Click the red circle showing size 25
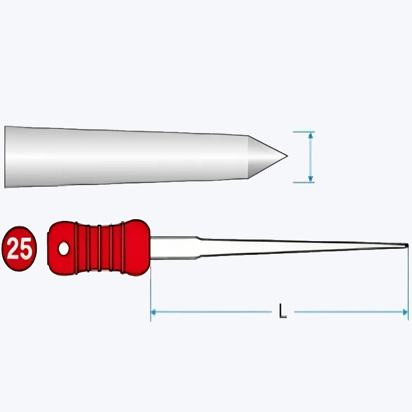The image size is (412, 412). click(x=20, y=249)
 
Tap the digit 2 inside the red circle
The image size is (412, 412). click(x=14, y=249)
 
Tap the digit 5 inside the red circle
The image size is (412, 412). click(x=26, y=249)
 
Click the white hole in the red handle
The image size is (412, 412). click(x=64, y=249)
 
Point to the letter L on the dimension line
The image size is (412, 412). click(x=282, y=311)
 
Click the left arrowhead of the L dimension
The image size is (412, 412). click(x=154, y=311)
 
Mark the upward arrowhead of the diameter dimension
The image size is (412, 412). click(x=311, y=136)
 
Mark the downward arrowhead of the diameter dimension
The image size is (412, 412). click(x=311, y=177)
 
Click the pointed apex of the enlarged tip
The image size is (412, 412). click(x=286, y=156)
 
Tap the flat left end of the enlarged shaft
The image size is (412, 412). click(x=6, y=157)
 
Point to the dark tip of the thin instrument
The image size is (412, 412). click(x=407, y=245)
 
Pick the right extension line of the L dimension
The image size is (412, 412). click(x=408, y=286)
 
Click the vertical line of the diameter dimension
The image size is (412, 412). click(x=311, y=157)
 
